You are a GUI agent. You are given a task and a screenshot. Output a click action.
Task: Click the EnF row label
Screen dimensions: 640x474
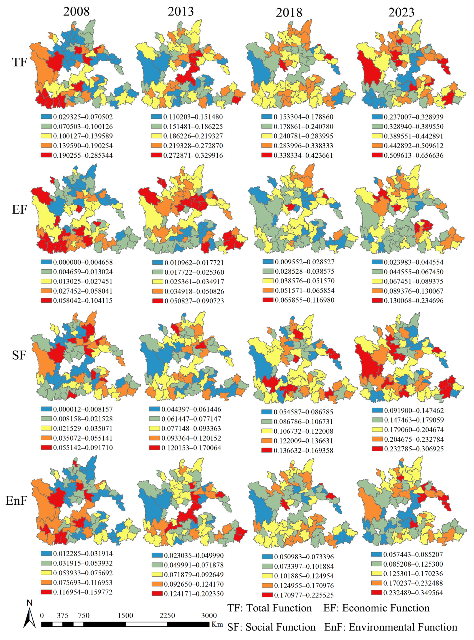(16, 501)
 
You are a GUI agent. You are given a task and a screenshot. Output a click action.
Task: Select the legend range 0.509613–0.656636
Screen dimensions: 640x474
(413, 155)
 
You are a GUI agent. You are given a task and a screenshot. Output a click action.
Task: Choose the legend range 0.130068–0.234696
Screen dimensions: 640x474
(413, 301)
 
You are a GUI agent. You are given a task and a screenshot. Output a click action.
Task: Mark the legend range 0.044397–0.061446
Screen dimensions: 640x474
(191, 409)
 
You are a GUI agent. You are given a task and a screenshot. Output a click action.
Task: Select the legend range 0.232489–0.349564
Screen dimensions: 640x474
(413, 593)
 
